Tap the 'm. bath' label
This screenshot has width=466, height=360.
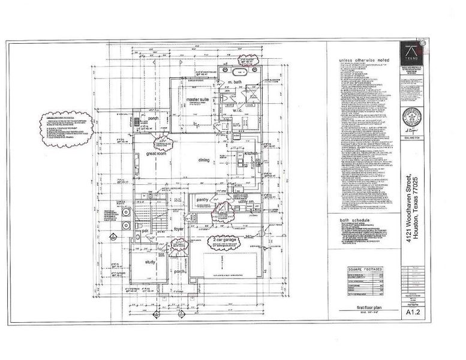coord(230,82)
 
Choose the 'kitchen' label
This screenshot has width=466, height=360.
coord(251,154)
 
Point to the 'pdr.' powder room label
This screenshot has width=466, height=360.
coord(145,230)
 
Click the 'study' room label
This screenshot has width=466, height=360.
coord(151,261)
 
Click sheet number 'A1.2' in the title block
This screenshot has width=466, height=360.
coord(412,312)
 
